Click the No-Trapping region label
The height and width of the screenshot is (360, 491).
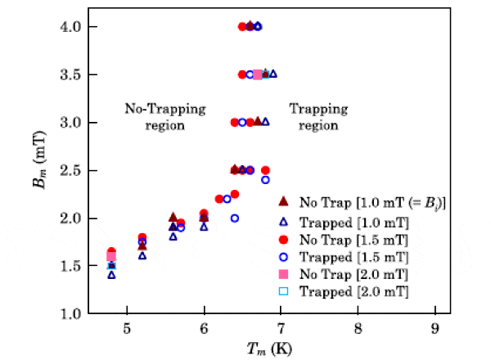pyautogui.click(x=165, y=117)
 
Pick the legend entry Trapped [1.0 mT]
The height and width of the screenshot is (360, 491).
pyautogui.click(x=354, y=218)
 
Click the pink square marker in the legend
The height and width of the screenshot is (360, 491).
pyautogui.click(x=282, y=272)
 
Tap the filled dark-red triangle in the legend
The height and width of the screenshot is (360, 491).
pyautogui.click(x=282, y=200)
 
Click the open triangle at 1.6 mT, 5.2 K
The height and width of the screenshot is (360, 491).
pyautogui.click(x=142, y=255)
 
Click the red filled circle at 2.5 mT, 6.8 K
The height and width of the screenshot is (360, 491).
pyautogui.click(x=265, y=170)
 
